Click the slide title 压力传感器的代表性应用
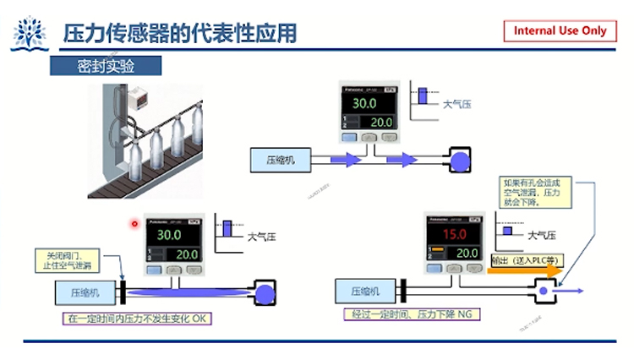pos(180,34)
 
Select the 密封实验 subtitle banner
pos(106,67)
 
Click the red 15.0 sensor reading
pos(456,233)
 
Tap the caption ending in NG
pos(413,314)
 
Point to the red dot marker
pos(134,224)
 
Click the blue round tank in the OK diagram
pos(265,293)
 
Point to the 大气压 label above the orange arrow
pos(542,235)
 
